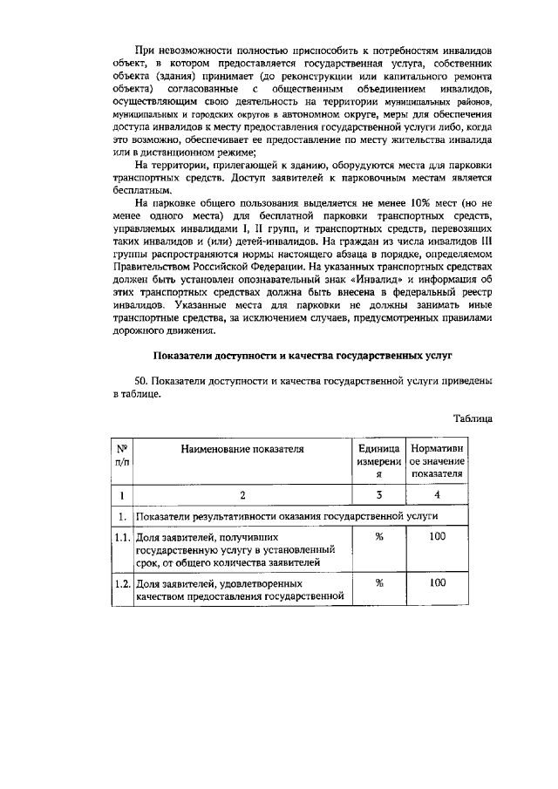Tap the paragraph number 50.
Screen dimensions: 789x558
click(140, 381)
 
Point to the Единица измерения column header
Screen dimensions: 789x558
click(379, 461)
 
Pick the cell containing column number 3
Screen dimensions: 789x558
click(379, 495)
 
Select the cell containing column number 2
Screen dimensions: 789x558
click(242, 495)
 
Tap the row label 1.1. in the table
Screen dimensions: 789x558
click(123, 538)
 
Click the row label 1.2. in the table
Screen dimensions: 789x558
click(123, 583)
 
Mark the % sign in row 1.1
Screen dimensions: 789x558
click(379, 537)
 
